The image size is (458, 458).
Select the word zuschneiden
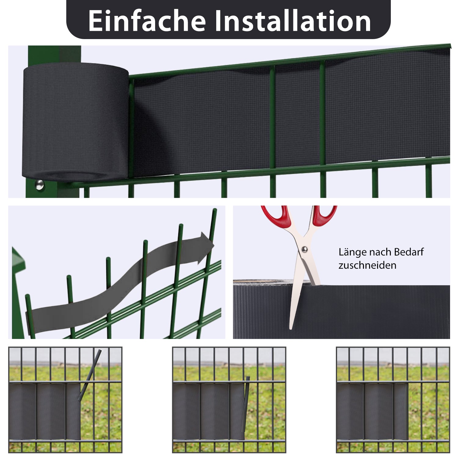click(x=367, y=265)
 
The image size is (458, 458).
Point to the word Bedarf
click(x=409, y=252)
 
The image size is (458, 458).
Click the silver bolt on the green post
click(x=39, y=184)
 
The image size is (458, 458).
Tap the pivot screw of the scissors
click(x=304, y=249)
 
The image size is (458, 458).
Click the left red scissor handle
click(x=275, y=216)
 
